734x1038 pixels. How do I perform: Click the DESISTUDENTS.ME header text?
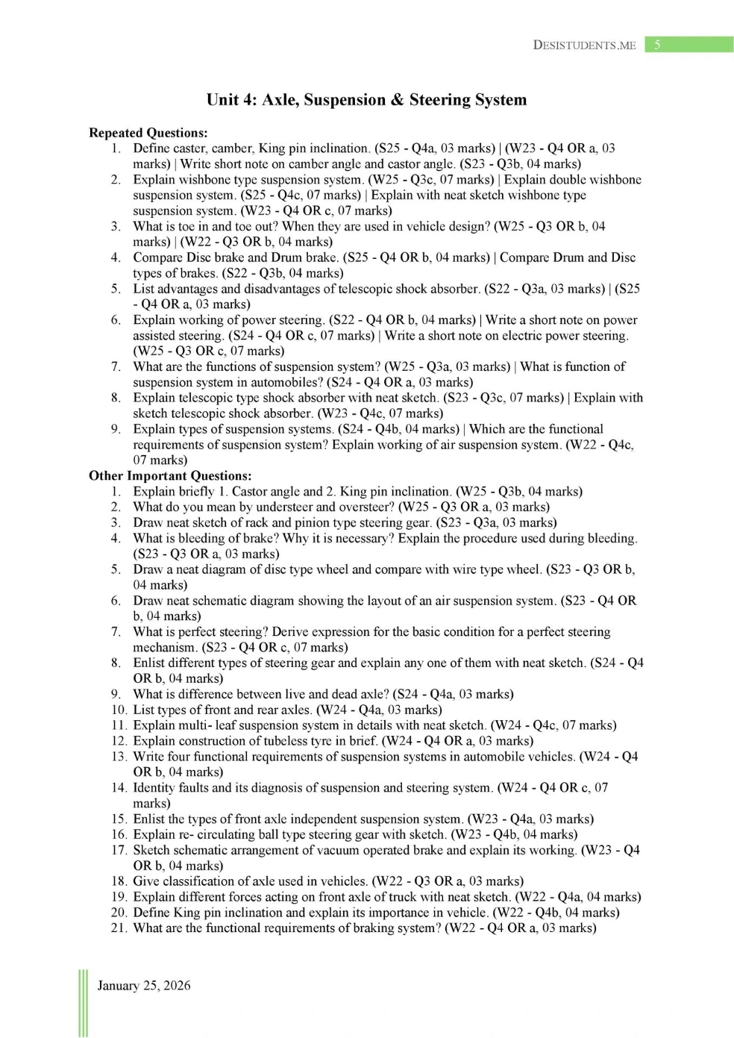(x=584, y=46)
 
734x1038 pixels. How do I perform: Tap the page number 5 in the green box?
(x=657, y=45)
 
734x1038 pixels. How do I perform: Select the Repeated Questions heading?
(x=148, y=133)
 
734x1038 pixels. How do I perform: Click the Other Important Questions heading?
(x=170, y=476)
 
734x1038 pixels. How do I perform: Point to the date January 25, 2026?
(x=144, y=986)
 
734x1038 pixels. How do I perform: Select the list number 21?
(x=119, y=928)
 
